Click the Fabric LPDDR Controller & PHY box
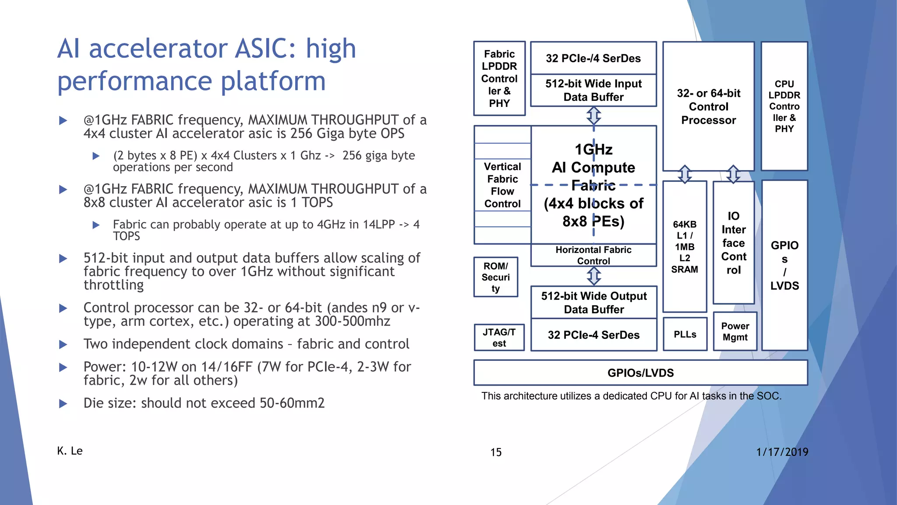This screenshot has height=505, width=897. click(499, 78)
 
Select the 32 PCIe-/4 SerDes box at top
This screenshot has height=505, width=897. click(593, 58)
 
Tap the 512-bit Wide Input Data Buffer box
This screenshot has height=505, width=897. click(593, 90)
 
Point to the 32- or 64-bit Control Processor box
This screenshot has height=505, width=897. click(708, 107)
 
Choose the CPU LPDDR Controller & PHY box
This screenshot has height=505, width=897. click(784, 106)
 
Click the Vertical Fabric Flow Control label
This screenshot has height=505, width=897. click(502, 185)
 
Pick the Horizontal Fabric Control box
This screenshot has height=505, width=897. click(593, 255)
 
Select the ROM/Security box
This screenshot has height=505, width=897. click(495, 277)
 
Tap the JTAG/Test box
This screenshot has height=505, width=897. click(499, 338)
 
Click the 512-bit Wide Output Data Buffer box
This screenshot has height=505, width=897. click(593, 302)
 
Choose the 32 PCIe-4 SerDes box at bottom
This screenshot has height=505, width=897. click(593, 335)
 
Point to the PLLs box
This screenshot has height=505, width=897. click(685, 334)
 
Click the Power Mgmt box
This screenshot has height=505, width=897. click(735, 332)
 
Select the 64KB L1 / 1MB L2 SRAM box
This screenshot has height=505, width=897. click(685, 246)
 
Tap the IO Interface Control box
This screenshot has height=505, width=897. click(734, 242)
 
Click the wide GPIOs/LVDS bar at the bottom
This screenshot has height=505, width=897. click(640, 373)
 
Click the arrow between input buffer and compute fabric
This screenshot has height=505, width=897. click(593, 116)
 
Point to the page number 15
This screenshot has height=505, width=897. click(496, 452)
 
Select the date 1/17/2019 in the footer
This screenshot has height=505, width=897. click(782, 452)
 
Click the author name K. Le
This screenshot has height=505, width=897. click(70, 451)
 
